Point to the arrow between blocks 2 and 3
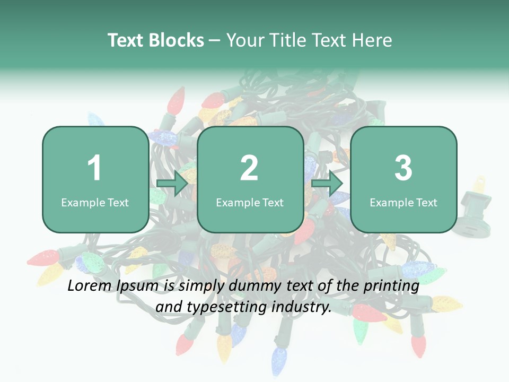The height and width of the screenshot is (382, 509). (x=327, y=184)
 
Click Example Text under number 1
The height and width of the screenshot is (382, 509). (x=95, y=202)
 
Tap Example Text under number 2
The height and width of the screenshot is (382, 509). (x=250, y=202)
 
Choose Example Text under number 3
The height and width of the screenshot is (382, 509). (x=403, y=202)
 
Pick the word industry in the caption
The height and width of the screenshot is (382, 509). (x=302, y=307)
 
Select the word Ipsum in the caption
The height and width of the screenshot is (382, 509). (x=139, y=286)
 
